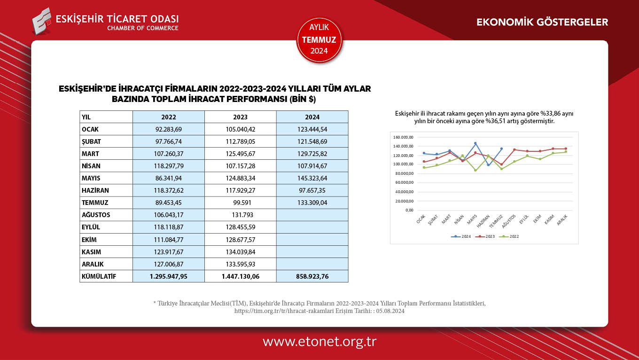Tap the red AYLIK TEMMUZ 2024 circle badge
[319, 40]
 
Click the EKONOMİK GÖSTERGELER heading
[542, 22]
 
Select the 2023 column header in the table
[240, 117]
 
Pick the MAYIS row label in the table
[91, 178]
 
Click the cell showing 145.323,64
[312, 178]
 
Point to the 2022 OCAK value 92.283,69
[168, 129]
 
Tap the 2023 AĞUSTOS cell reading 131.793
[240, 215]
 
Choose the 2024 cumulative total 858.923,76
[312, 276]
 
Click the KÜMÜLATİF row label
[99, 276]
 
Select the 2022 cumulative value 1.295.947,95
[168, 276]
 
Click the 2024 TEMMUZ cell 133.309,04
[312, 203]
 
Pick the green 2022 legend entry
[512, 236]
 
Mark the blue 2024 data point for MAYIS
[475, 143]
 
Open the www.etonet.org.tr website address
[319, 342]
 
